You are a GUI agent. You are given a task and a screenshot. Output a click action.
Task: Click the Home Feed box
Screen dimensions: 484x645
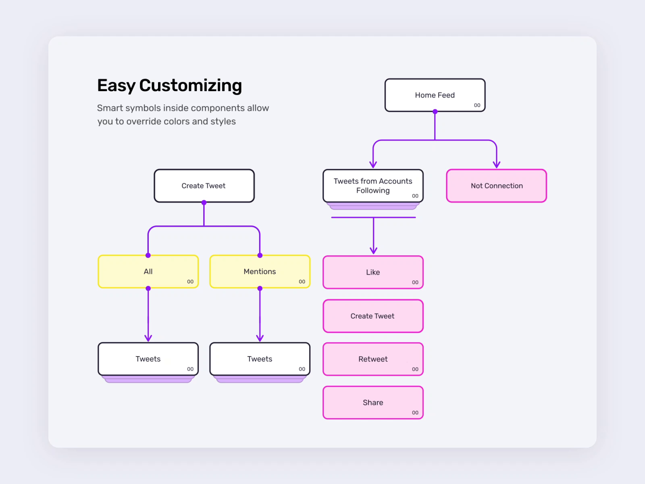coord(435,95)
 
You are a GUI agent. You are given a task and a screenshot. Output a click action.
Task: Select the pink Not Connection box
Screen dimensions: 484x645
coord(496,186)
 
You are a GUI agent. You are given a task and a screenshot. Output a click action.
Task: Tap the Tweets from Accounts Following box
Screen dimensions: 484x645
coord(373,186)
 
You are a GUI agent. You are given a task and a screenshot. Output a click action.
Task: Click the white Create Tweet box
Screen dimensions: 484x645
coord(204,186)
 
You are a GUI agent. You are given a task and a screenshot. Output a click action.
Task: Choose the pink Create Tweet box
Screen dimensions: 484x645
coord(373,316)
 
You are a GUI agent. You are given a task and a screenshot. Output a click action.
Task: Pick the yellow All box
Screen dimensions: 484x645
coord(148,271)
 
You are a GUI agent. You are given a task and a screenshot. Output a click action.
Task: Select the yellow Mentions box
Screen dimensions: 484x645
coord(260,271)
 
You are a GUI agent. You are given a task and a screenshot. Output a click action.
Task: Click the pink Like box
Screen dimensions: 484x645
coord(373,272)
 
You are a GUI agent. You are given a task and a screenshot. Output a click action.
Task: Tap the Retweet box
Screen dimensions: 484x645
coord(373,359)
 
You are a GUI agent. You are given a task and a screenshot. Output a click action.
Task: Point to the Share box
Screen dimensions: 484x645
coord(373,403)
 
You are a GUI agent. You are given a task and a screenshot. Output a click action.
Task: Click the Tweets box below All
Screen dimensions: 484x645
coord(148,359)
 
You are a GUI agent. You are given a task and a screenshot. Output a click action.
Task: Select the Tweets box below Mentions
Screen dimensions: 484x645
coord(260,359)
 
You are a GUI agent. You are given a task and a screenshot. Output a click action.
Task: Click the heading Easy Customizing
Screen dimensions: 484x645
coord(169,86)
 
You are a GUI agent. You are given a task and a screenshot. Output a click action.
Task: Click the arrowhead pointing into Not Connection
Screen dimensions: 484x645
coord(497,165)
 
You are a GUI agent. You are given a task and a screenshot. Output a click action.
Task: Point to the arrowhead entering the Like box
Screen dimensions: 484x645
coord(373,251)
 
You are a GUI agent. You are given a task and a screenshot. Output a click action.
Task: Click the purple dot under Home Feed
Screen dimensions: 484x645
coord(435,112)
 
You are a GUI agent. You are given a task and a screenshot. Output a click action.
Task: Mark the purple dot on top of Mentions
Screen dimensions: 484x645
coord(260,255)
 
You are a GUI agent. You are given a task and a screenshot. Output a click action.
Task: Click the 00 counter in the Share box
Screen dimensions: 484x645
coord(415,413)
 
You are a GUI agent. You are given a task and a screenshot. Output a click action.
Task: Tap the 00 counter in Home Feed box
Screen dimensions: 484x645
coord(477,105)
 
